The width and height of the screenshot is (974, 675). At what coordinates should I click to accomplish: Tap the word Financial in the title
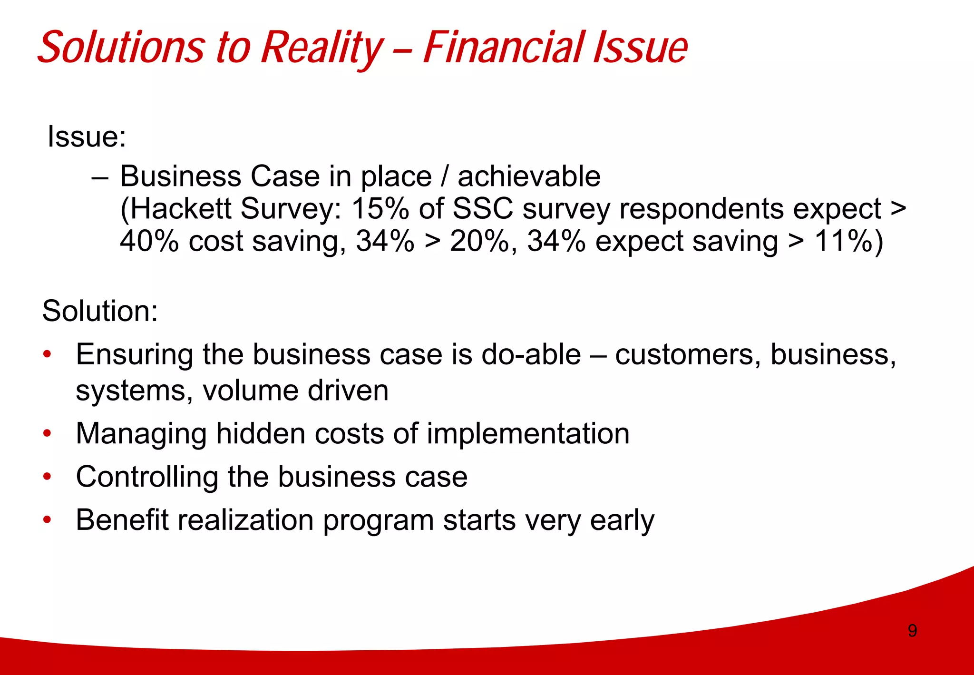coord(504,48)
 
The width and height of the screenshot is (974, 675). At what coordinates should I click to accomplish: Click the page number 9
coord(912,631)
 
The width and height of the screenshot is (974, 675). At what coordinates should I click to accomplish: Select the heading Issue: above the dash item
coord(87,137)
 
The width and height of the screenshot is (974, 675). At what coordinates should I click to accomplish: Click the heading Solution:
coord(100,311)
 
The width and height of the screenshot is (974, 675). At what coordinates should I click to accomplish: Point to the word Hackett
coord(180,209)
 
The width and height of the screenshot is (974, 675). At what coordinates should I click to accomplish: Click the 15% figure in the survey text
coord(380,209)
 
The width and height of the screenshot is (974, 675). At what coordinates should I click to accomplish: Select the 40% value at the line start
coord(149,241)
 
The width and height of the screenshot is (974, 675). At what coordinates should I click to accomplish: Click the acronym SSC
coord(483,209)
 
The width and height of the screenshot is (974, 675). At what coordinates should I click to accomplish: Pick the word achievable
coord(529,177)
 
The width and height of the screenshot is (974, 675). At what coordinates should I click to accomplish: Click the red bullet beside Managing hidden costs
coord(47,434)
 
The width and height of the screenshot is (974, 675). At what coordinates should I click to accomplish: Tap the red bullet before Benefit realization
coord(47,520)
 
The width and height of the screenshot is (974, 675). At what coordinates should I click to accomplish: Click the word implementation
coord(528,434)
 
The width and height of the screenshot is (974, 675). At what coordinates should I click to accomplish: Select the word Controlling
coord(147,477)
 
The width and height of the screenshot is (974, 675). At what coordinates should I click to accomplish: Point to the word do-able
coord(531,355)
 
